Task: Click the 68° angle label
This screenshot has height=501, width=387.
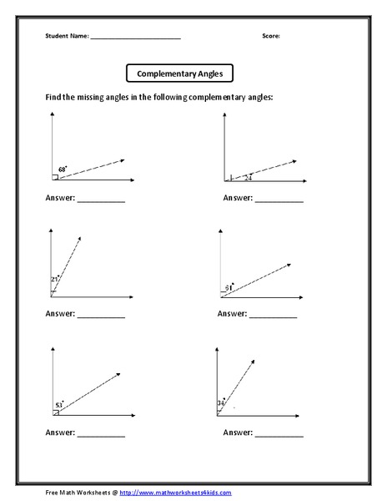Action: pos(62,170)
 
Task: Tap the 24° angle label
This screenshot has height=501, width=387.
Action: pos(248,176)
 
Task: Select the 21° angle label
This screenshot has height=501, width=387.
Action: pos(56,278)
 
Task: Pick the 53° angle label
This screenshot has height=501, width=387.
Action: pos(59,404)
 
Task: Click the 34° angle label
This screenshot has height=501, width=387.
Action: pos(221,403)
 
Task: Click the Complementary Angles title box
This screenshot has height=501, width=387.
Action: pos(179,73)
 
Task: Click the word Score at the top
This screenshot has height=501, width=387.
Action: pos(270,36)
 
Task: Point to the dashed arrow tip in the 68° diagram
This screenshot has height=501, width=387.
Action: pos(123,159)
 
